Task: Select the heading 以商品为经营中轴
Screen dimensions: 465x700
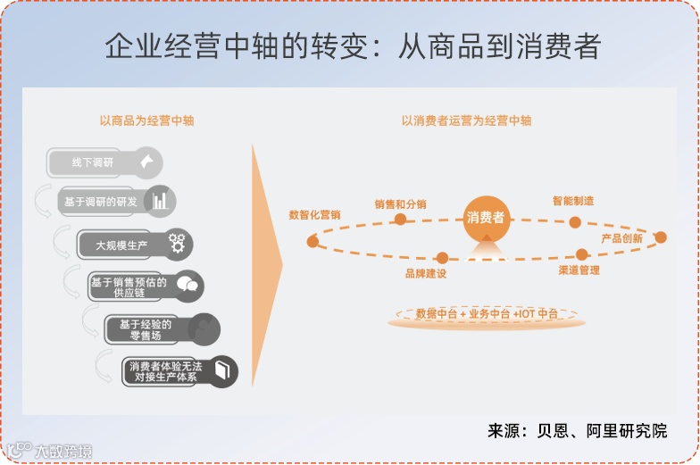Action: coord(146,120)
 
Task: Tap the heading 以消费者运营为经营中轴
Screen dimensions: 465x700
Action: coord(466,120)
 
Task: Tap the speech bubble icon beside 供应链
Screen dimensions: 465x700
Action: coord(187,286)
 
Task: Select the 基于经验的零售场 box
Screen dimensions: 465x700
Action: coord(146,329)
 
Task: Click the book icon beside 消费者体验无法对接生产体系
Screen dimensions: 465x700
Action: coord(221,370)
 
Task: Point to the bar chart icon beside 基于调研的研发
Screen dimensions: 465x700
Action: coord(160,201)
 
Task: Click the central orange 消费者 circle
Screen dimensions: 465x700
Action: coord(486,217)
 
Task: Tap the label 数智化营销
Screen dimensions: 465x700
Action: coord(314,215)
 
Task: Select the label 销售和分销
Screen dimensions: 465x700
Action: coord(400,204)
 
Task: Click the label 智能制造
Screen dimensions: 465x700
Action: coord(573,202)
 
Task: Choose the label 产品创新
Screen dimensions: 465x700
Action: coord(621,238)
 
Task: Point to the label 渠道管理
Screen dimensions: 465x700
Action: coord(579,270)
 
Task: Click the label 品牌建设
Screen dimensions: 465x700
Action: coord(425,273)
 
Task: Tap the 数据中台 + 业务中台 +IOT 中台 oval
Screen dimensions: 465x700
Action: coord(486,314)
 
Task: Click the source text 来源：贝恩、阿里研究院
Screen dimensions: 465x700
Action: coord(577,430)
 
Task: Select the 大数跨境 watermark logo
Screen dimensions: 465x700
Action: coord(52,451)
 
